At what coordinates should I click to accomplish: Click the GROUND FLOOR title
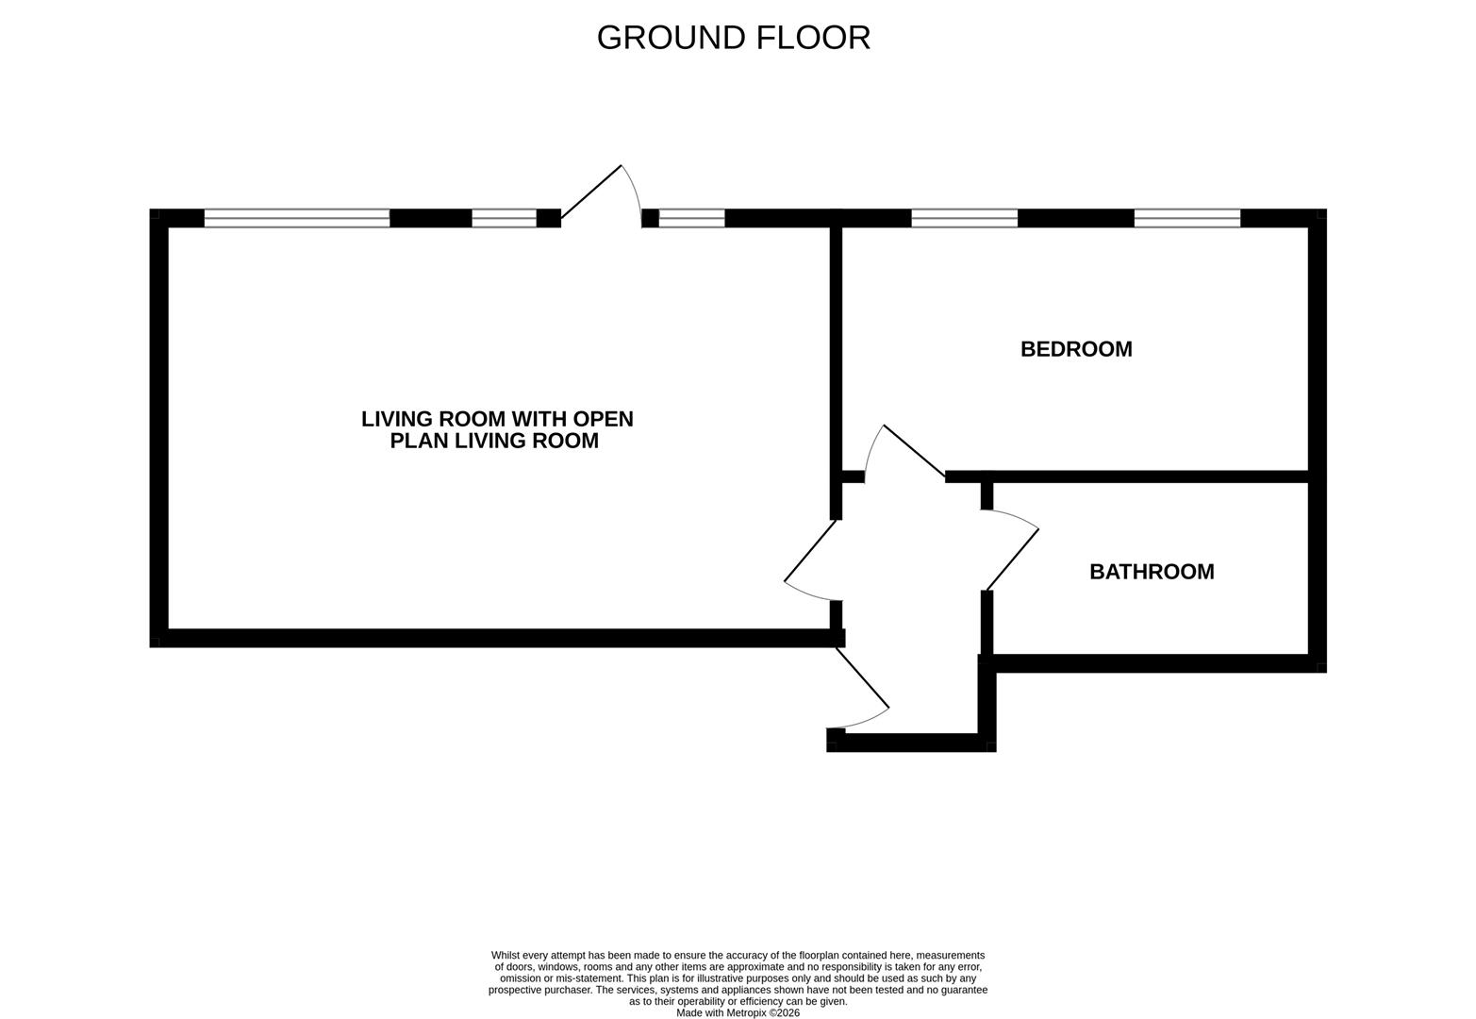[x=733, y=38]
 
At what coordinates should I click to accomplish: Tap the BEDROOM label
[x=1076, y=349]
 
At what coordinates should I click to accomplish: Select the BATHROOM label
[x=1152, y=572]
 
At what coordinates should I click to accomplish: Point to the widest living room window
[x=297, y=218]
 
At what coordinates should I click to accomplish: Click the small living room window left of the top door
[x=504, y=218]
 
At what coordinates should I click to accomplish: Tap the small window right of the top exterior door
[x=691, y=218]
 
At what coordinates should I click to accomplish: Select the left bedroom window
[x=964, y=218]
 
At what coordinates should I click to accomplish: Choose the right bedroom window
[x=1186, y=218]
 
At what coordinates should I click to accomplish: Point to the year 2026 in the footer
[x=788, y=1012]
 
